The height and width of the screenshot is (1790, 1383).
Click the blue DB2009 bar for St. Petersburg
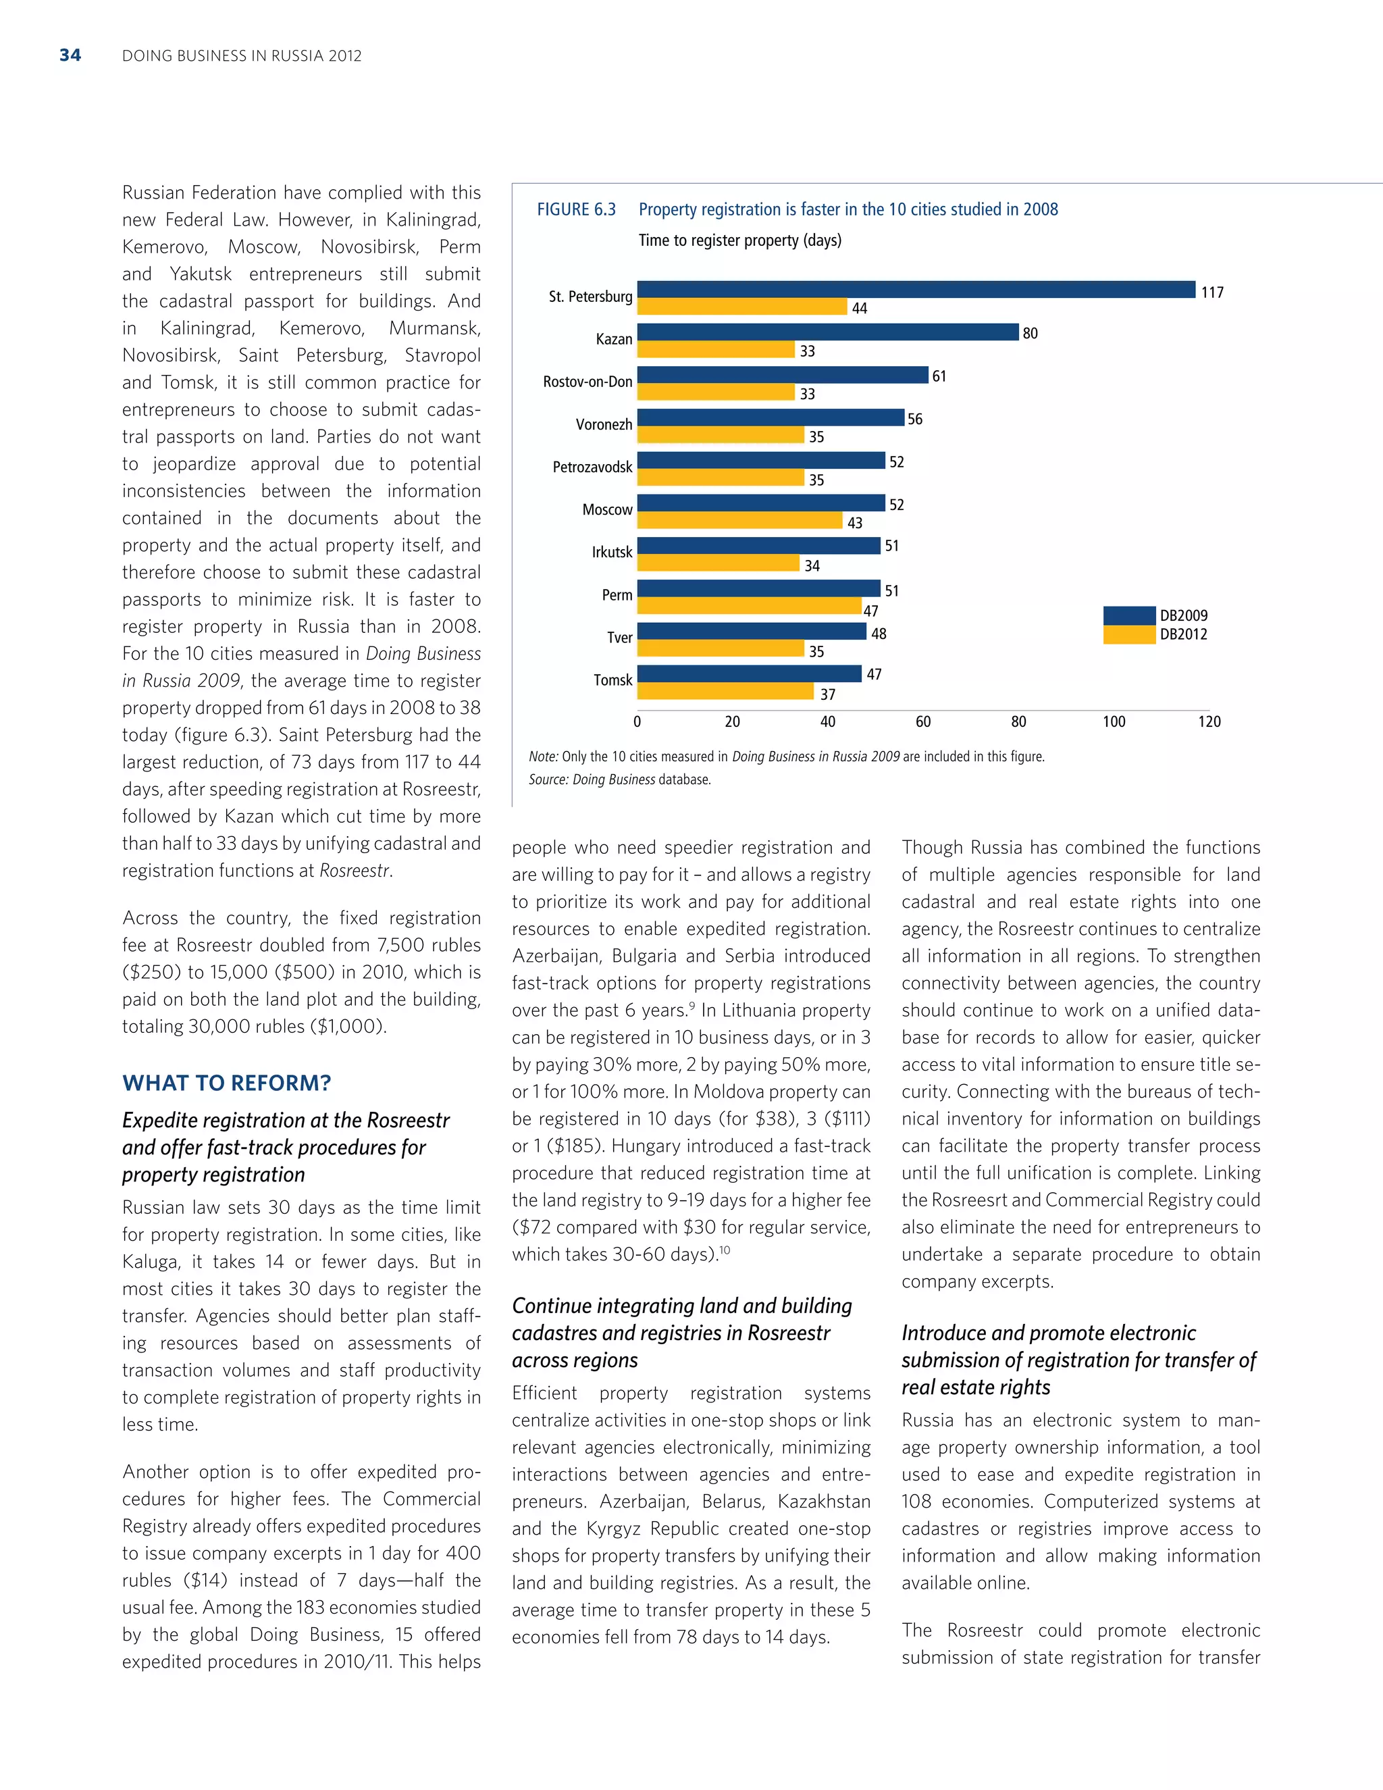click(x=916, y=289)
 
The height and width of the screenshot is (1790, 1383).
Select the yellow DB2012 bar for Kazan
click(x=716, y=350)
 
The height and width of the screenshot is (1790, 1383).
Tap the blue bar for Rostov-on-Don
click(x=783, y=375)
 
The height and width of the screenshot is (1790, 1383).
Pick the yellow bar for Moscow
click(x=740, y=520)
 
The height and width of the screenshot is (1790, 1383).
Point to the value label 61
click(x=939, y=376)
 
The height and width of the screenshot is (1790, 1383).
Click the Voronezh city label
click(x=604, y=425)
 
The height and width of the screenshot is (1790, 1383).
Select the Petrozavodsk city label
click(x=592, y=467)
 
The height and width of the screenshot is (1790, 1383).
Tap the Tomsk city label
click(x=613, y=680)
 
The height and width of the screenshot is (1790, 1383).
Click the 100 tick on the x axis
click(x=1114, y=722)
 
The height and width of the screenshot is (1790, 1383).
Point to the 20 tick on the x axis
click(x=733, y=722)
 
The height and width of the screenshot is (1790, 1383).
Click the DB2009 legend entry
click(x=1183, y=615)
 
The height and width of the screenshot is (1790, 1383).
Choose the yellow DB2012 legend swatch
click(x=1129, y=634)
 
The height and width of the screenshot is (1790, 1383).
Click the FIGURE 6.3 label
click(x=576, y=210)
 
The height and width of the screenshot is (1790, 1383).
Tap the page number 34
click(x=70, y=56)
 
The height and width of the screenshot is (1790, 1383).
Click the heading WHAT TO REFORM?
click(x=226, y=1083)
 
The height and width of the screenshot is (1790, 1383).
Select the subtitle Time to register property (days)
click(x=740, y=241)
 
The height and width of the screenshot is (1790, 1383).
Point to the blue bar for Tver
click(x=752, y=631)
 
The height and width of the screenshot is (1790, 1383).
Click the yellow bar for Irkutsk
click(x=718, y=563)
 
